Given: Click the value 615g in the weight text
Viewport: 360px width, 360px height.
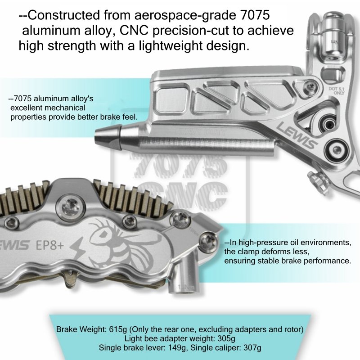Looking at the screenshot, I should [x=118, y=329].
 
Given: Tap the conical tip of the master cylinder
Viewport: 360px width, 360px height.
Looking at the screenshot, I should [x=106, y=135].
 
